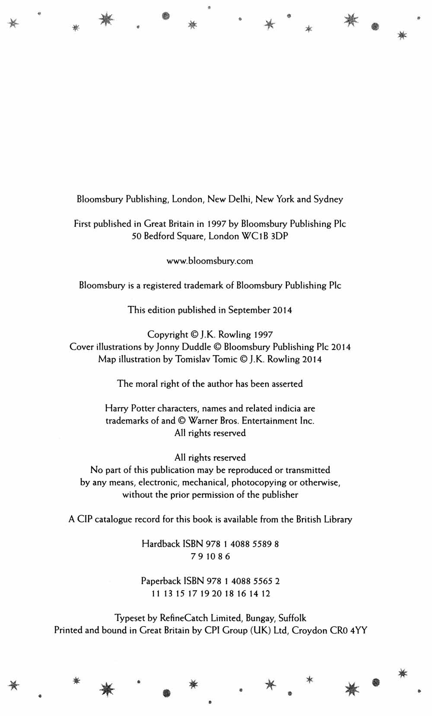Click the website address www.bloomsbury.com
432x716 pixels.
click(210, 261)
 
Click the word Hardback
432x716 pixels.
click(161, 544)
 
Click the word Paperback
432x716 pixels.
click(161, 581)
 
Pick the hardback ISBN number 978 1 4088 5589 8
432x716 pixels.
click(243, 544)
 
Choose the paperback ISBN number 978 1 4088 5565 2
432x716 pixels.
click(243, 581)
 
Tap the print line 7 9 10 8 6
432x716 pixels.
click(210, 557)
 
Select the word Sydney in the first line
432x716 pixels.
click(328, 199)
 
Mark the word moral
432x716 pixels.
click(147, 384)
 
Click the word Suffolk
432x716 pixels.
click(292, 618)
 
